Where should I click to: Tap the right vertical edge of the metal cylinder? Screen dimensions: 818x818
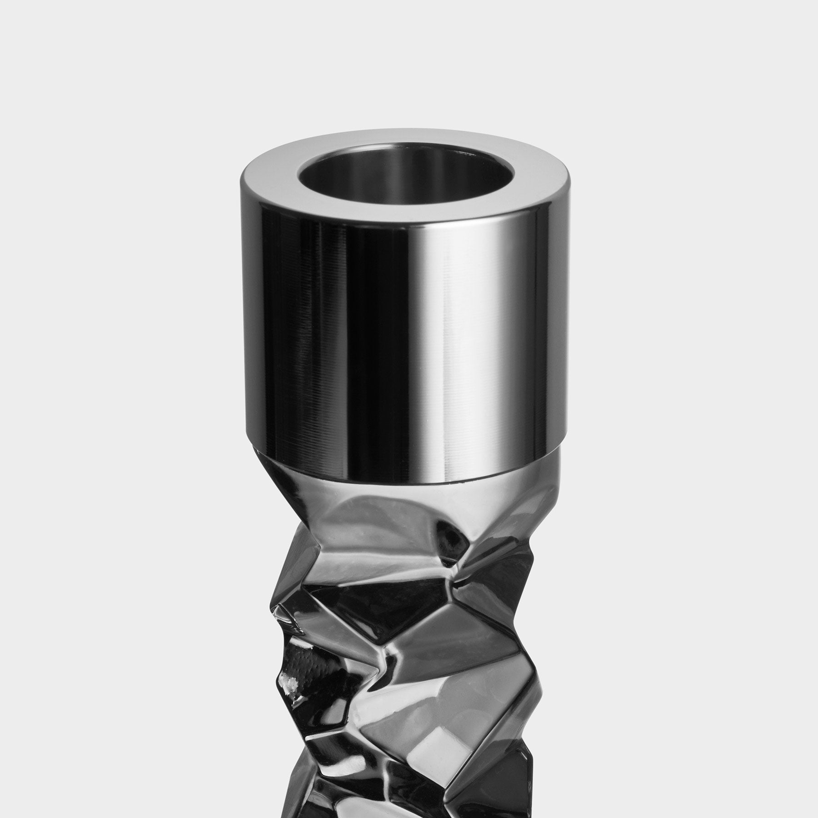click(553, 318)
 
